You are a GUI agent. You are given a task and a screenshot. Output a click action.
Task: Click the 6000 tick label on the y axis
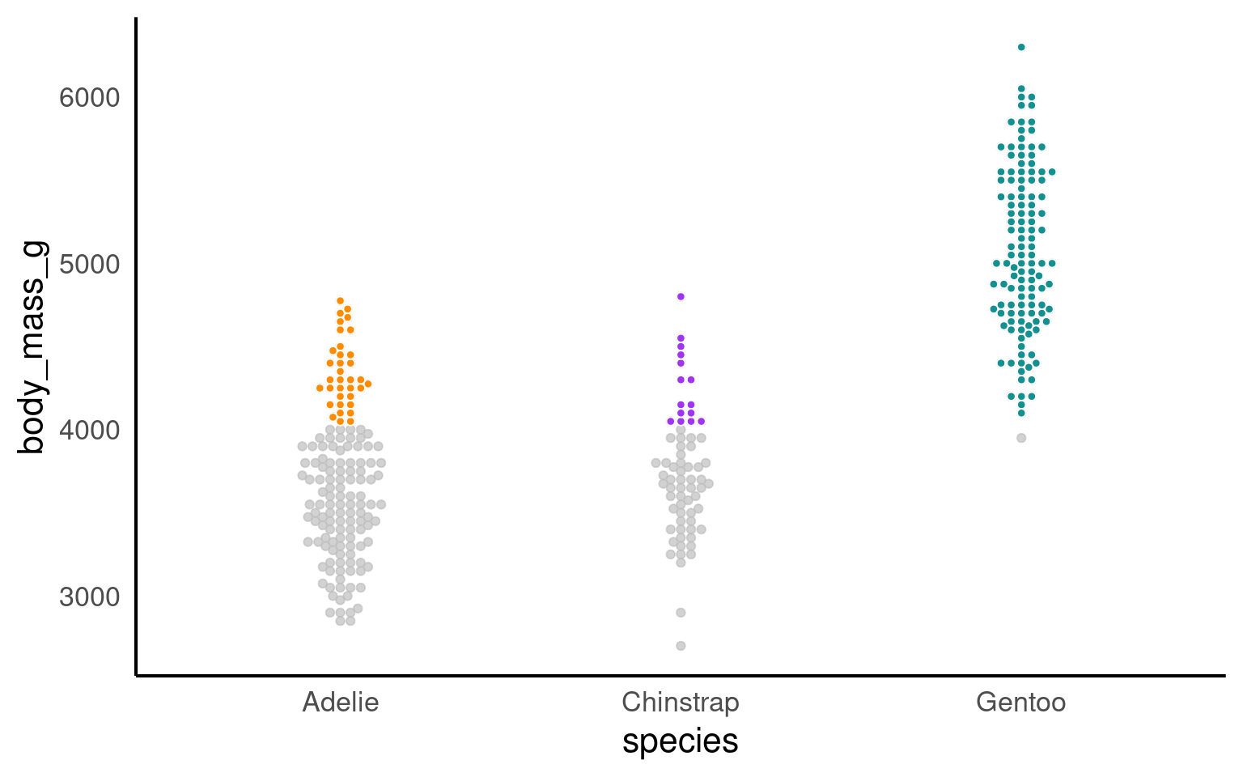pos(89,98)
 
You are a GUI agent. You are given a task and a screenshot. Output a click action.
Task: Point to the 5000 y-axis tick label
pos(89,265)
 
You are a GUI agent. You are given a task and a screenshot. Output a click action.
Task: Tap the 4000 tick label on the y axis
pos(89,431)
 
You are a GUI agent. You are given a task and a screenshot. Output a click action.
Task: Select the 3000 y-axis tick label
pos(89,597)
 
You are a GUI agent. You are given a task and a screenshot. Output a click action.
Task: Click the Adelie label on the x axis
pos(340,702)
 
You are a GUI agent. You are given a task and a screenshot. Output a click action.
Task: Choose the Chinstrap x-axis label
pos(680,702)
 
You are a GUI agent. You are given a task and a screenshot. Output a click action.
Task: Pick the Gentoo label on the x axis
pos(1020,702)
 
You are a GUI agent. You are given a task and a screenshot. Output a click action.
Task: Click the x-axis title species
pos(680,741)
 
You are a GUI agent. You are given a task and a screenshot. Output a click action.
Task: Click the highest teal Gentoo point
pos(1021,47)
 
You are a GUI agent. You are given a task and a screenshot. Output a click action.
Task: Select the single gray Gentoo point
pos(1021,438)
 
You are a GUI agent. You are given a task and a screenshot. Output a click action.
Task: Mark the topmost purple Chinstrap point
pos(681,296)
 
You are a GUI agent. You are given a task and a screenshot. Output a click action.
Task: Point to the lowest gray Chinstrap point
pos(681,646)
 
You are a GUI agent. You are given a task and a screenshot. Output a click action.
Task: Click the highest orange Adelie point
pos(340,301)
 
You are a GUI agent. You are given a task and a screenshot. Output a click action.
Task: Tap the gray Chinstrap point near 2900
pos(681,613)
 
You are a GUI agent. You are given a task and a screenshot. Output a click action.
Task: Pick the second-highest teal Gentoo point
pos(1021,89)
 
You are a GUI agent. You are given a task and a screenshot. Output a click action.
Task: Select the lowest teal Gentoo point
pos(1021,413)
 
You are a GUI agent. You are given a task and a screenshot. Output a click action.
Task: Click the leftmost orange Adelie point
pos(320,388)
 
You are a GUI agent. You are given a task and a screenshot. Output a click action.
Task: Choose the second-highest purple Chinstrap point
pos(681,338)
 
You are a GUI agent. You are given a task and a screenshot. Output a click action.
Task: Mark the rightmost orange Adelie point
pos(368,384)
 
